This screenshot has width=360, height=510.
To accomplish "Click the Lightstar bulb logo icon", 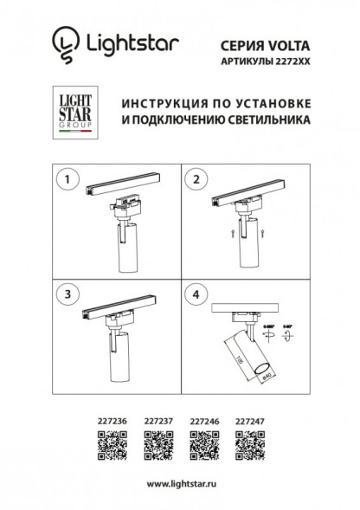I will pos(64,42).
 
